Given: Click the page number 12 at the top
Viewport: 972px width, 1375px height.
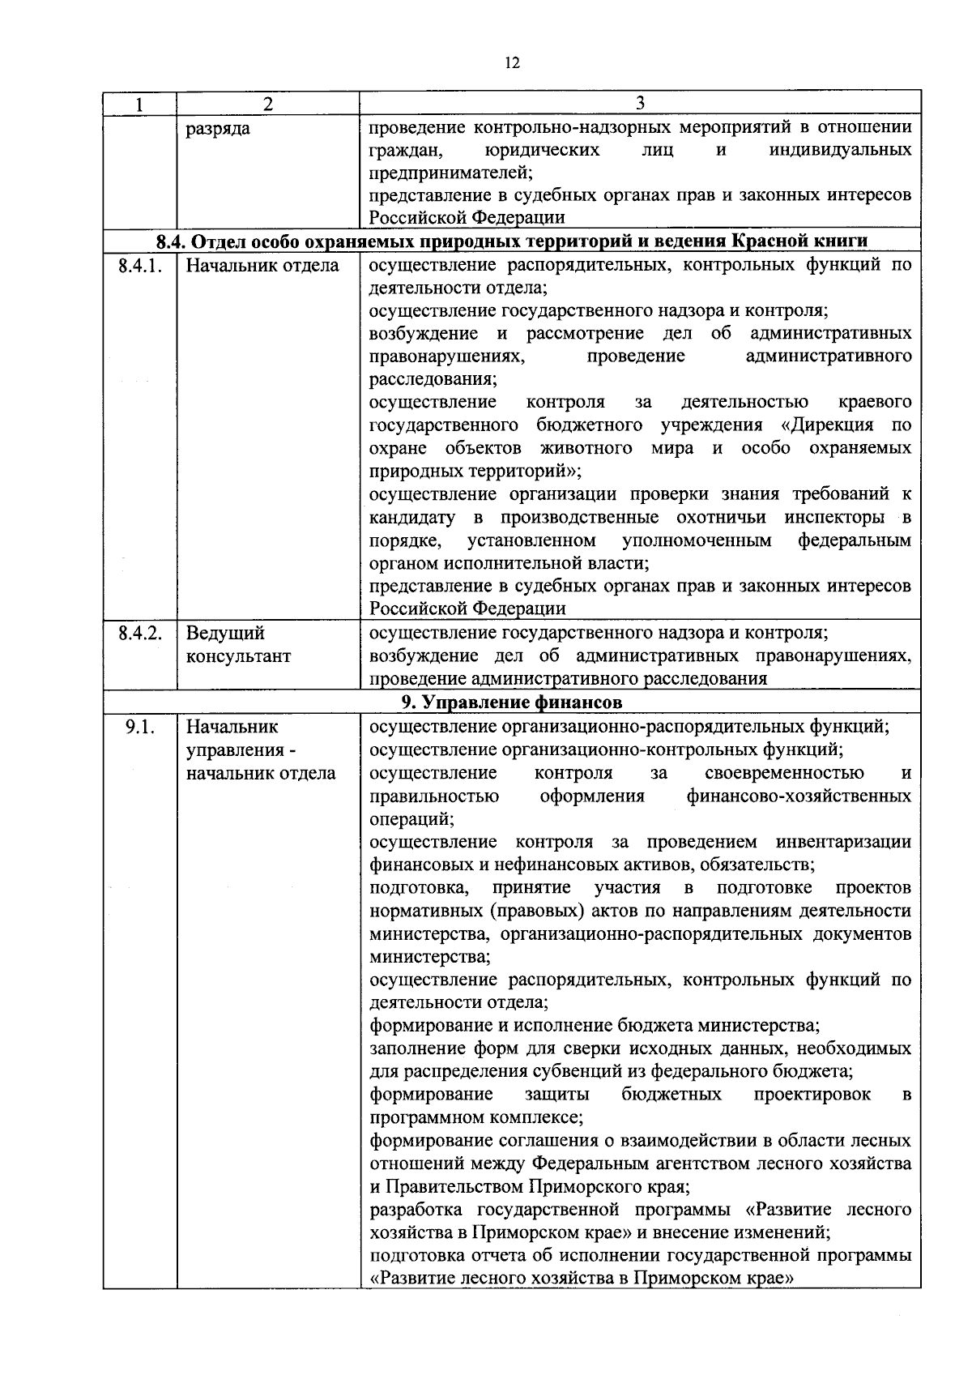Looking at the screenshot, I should [511, 63].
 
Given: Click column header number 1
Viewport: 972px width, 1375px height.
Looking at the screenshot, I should [139, 104].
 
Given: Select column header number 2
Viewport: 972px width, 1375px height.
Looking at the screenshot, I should [268, 104].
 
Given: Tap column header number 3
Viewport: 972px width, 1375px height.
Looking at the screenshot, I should [640, 103].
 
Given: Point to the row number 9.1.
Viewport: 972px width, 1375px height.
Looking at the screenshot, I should [140, 727].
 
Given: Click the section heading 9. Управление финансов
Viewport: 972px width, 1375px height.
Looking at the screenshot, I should [512, 702].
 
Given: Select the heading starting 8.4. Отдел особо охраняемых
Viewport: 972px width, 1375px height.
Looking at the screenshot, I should [512, 241].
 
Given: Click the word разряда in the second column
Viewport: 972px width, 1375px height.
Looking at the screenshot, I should [218, 128].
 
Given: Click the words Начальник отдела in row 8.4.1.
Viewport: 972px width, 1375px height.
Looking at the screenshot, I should [262, 266].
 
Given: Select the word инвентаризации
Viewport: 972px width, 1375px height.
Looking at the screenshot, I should [843, 842].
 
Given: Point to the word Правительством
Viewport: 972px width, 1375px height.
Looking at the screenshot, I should [454, 1187].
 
